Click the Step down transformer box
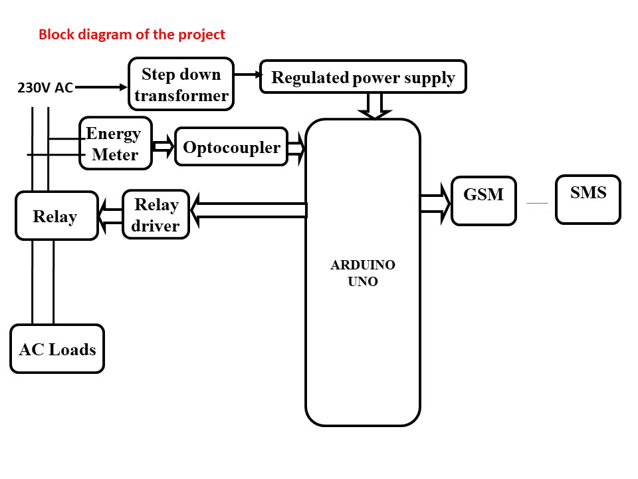181,84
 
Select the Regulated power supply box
363,77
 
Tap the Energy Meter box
116,144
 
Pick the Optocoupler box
231,147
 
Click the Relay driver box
156,215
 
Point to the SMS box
588,199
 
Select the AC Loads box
57,349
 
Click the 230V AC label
45,88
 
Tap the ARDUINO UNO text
363,273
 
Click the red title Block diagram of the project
132,35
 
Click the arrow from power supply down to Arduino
375,106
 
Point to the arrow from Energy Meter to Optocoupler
163,146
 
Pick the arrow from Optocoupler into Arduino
296,148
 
